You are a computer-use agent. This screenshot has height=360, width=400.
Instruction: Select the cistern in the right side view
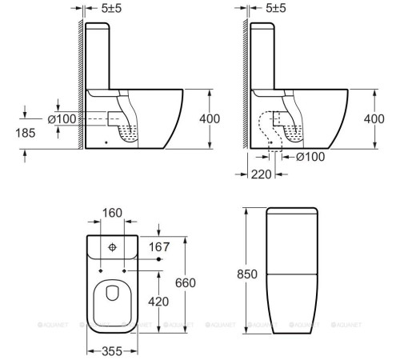click(263, 56)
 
